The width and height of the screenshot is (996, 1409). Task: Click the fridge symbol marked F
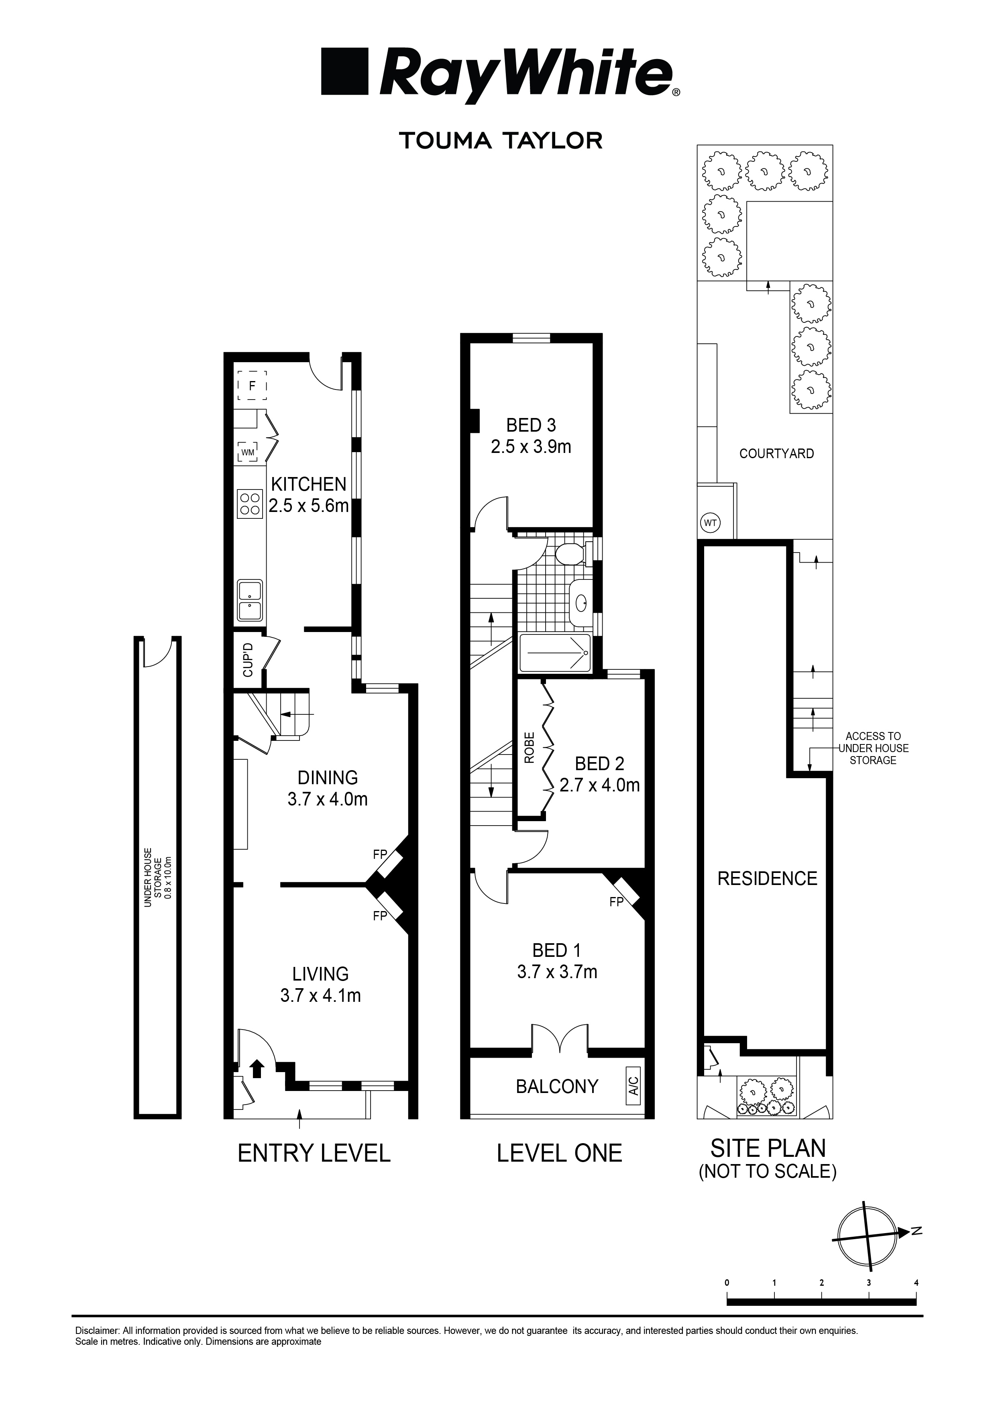(x=252, y=387)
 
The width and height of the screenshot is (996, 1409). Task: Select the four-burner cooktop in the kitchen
(x=250, y=504)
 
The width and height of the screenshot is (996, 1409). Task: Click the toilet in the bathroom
(x=570, y=554)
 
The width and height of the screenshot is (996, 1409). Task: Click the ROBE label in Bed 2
(x=530, y=747)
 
